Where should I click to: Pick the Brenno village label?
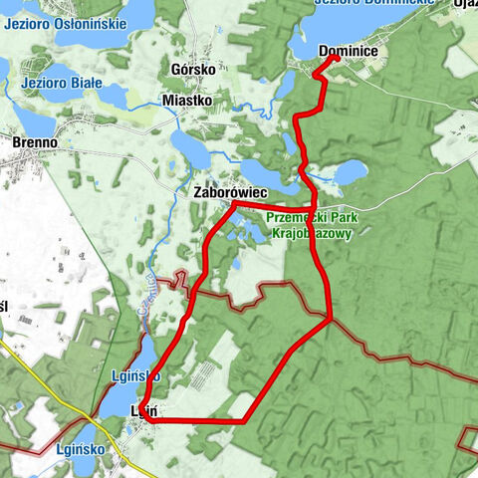click(x=34, y=142)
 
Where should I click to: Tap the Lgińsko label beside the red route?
click(x=129, y=375)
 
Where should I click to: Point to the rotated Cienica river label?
click(x=147, y=294)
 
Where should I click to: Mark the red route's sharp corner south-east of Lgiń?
click(x=244, y=421)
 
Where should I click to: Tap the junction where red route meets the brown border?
click(x=330, y=319)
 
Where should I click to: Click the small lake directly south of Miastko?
click(x=188, y=143)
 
